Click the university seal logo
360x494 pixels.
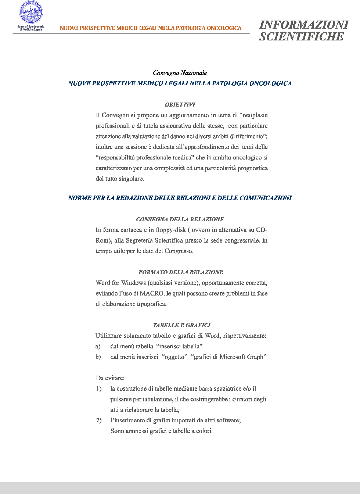click(31, 13)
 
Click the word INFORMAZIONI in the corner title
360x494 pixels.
click(304, 25)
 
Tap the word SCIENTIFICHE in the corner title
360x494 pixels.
click(301, 36)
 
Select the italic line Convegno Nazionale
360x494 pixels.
click(180, 73)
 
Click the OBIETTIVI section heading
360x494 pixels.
click(180, 105)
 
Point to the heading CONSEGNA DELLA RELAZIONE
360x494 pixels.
click(180, 219)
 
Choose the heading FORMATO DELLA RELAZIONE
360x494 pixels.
click(181, 272)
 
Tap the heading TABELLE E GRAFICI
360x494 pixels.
click(181, 325)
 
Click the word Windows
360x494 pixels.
click(133, 283)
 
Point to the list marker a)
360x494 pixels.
click(98, 346)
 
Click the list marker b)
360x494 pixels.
click(98, 357)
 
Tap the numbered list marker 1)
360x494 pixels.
click(99, 389)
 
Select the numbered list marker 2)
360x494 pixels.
click(99, 420)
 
